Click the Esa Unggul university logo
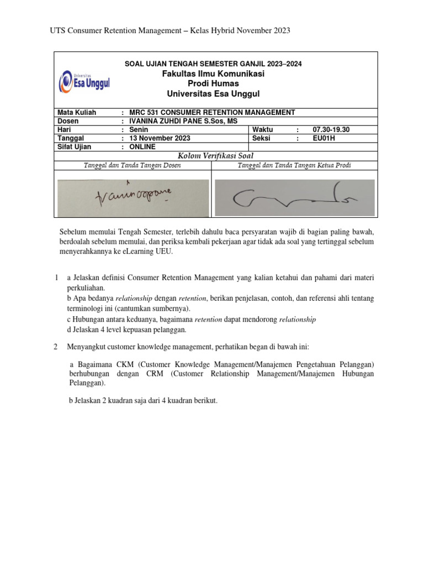(x=83, y=82)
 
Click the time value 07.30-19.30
(x=331, y=129)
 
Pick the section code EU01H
(x=324, y=138)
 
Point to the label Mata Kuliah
(x=77, y=112)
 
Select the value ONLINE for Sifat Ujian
(x=142, y=146)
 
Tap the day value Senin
(x=139, y=129)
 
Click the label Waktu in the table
(x=262, y=129)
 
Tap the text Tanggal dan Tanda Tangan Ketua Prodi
(x=294, y=165)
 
